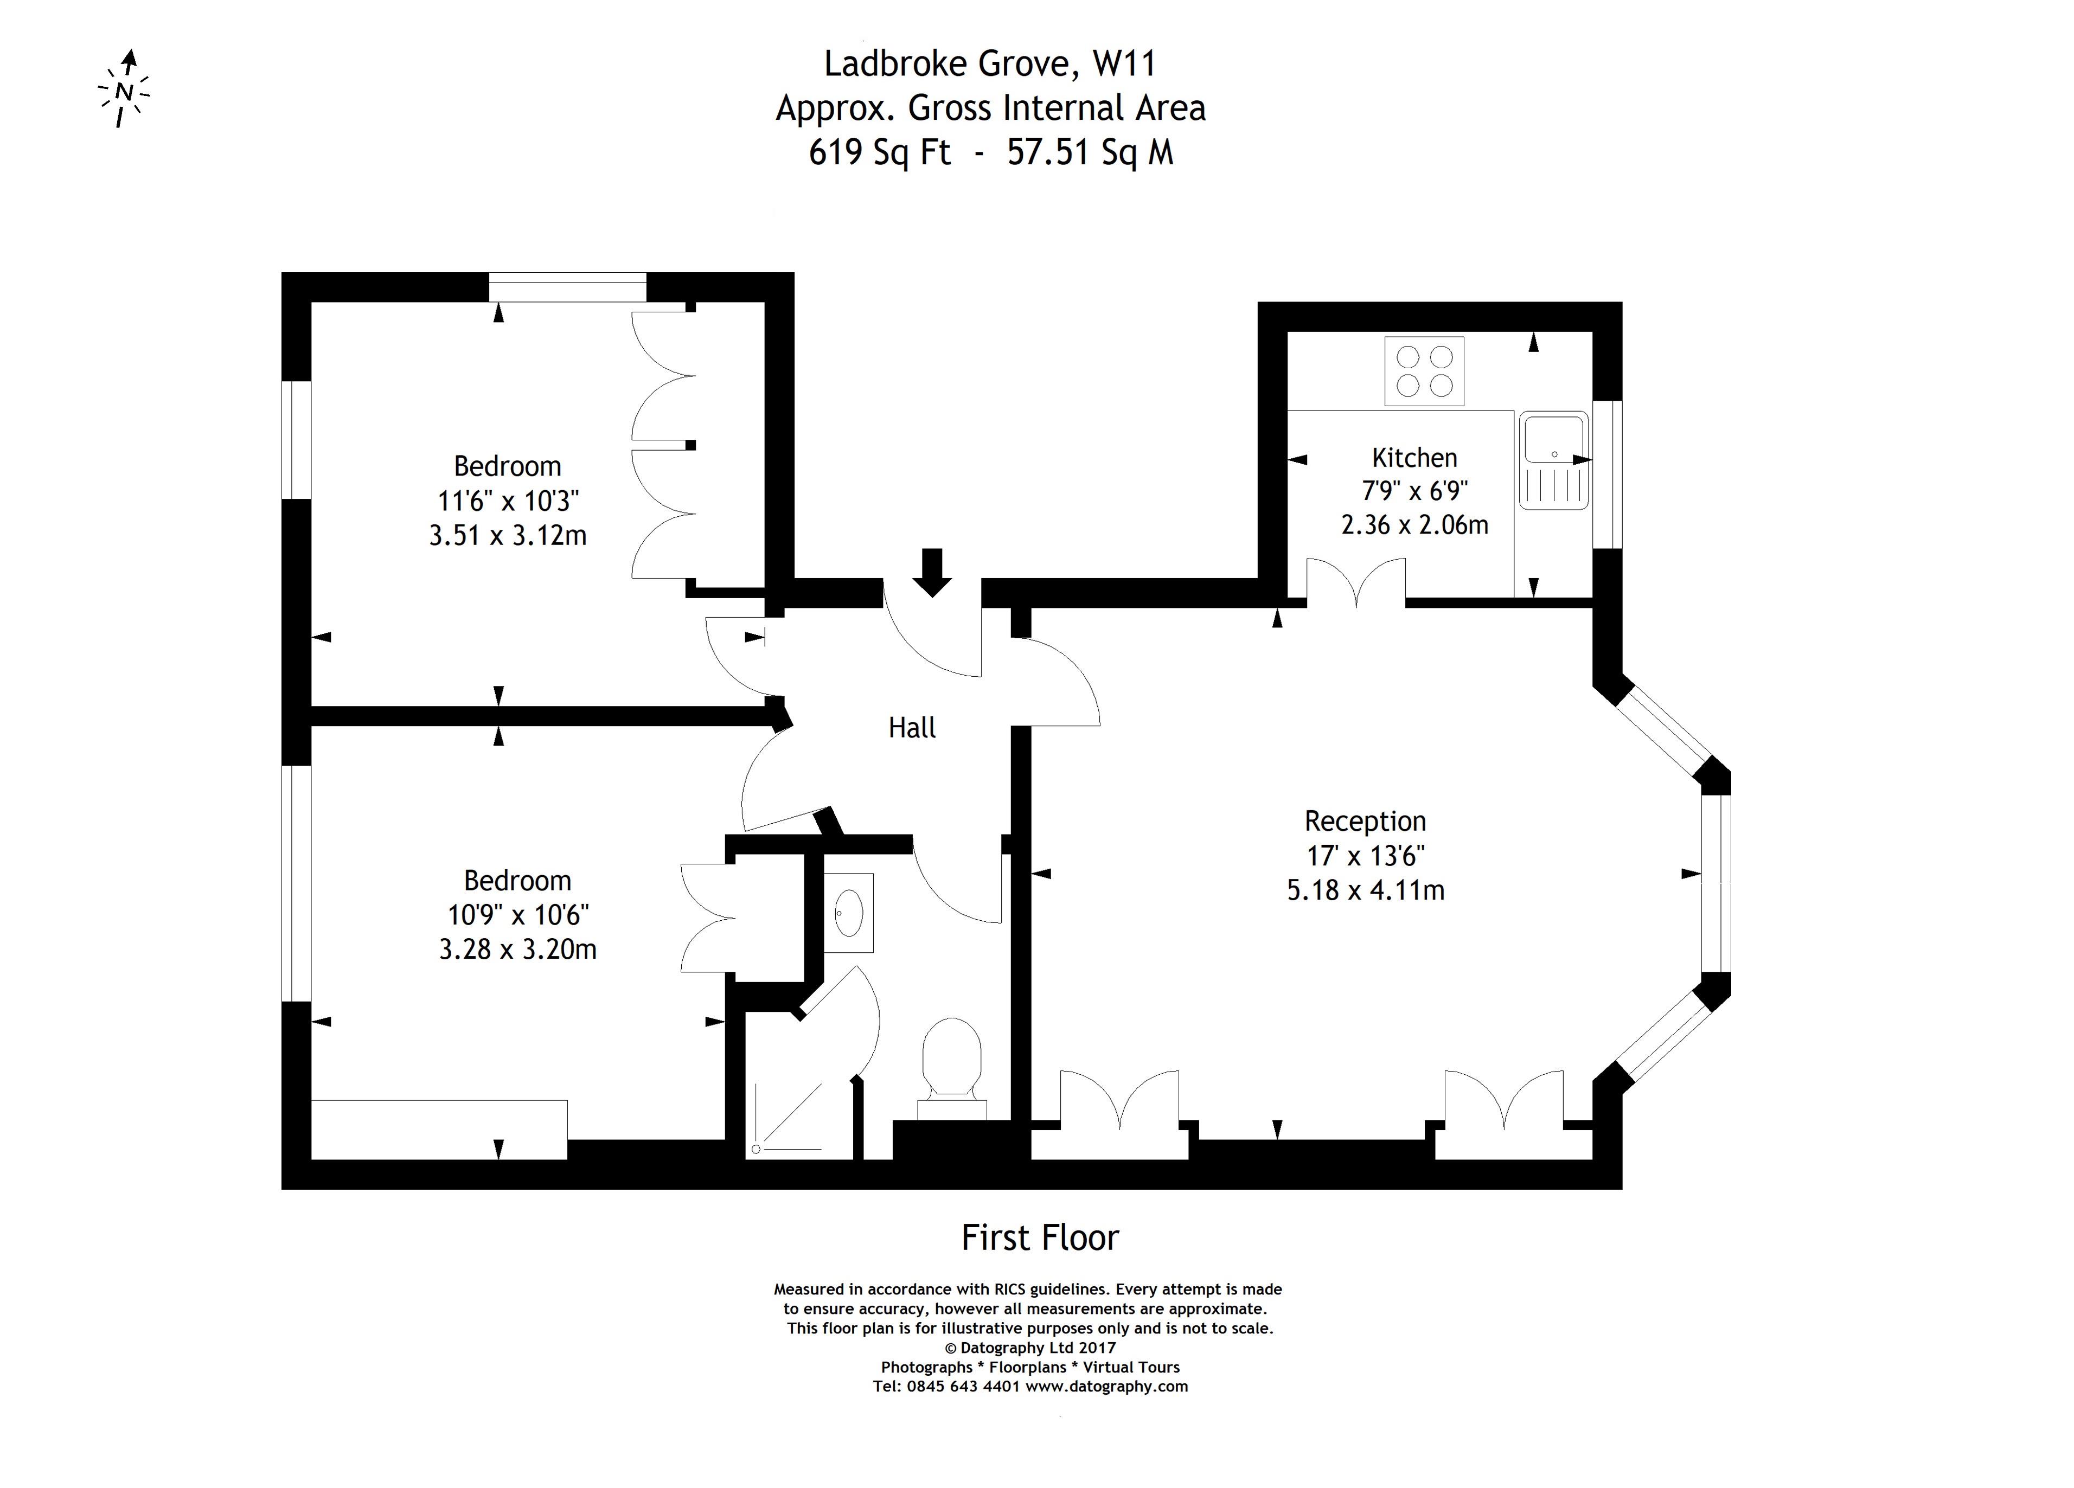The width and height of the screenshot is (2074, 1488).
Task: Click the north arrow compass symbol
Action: (124, 89)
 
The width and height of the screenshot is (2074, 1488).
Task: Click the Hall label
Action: (912, 728)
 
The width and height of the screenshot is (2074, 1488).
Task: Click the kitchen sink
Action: (1554, 461)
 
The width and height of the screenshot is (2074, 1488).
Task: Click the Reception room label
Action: (1365, 822)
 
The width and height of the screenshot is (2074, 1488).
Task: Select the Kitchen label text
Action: (1414, 457)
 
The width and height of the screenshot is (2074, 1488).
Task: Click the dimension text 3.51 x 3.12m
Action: (508, 536)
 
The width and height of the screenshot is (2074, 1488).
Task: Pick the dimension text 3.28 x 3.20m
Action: (517, 950)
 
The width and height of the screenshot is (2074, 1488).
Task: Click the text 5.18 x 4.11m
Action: (1365, 890)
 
